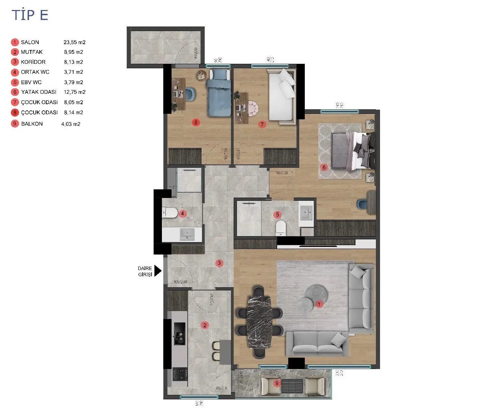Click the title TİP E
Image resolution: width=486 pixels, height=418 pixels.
tap(30, 15)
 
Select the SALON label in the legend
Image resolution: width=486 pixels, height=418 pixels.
tap(30, 42)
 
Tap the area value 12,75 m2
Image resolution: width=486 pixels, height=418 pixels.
tap(75, 92)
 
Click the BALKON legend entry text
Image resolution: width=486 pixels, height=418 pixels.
tap(32, 124)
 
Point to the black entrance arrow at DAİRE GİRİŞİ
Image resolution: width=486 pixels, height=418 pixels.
tap(158, 271)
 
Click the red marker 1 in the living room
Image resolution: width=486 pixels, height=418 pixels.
tap(319, 304)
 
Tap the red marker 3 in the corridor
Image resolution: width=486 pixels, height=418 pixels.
tap(219, 263)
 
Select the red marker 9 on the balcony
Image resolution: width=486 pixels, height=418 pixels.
tap(276, 383)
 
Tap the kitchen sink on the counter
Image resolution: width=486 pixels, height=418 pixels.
tap(179, 334)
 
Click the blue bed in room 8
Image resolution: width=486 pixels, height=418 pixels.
tap(218, 92)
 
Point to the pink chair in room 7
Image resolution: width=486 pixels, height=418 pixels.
tap(254, 108)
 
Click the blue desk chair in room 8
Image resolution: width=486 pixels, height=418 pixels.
tap(191, 94)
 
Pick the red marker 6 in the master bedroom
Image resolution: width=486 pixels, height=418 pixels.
tap(324, 168)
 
